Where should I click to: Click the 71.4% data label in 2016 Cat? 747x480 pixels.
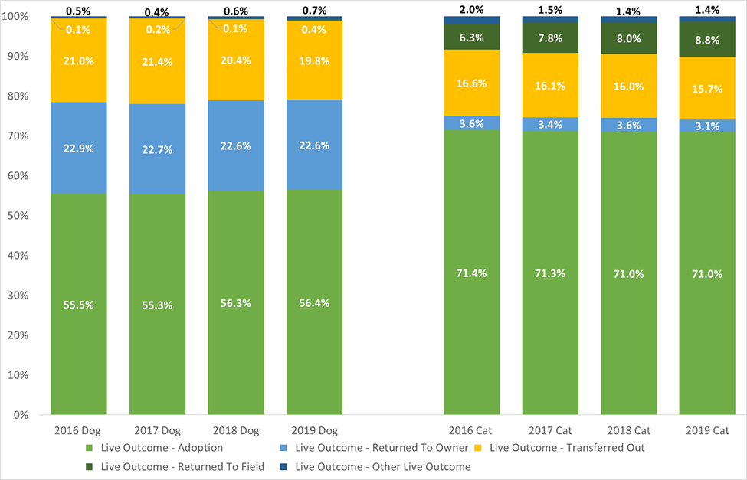coord(471,273)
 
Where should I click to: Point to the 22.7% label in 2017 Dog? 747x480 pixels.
coord(157,149)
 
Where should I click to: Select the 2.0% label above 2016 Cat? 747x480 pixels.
coord(471,9)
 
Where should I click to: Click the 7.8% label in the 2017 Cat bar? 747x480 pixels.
coord(550,38)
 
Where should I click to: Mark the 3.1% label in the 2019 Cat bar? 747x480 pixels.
coord(707,126)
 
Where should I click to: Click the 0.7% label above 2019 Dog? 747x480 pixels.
coord(315,10)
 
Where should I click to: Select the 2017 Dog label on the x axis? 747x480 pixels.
coord(157,430)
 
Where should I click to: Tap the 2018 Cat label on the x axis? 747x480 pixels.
coord(628,430)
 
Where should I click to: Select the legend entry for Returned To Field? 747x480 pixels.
coord(182,466)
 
